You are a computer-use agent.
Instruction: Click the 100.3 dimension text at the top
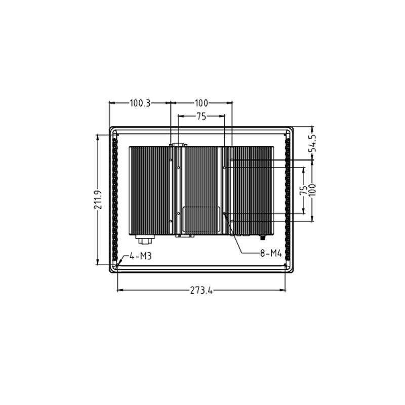pos(140,103)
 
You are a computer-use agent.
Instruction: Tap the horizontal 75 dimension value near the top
pos(201,116)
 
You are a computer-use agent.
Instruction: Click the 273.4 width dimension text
pos(201,291)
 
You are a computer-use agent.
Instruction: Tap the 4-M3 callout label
pos(140,257)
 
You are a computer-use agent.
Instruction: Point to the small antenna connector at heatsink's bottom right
pos(263,236)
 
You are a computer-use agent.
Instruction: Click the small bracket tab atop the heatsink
pos(178,145)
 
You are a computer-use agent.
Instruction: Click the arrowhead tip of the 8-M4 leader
pos(224,213)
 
